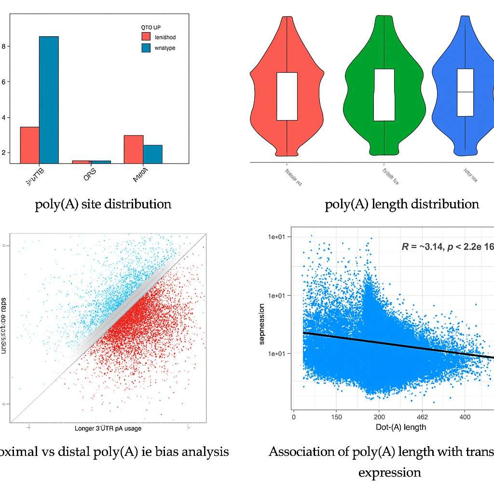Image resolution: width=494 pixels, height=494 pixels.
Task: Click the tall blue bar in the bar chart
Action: [x=49, y=99]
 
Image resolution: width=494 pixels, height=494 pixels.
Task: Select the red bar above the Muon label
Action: [x=133, y=149]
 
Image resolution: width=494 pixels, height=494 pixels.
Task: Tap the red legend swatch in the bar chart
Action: [x=146, y=37]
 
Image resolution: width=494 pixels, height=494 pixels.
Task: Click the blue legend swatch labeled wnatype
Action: [x=146, y=48]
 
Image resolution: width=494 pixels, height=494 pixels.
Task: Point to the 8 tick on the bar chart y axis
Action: [x=4, y=46]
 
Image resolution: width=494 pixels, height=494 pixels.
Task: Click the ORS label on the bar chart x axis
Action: [x=90, y=177]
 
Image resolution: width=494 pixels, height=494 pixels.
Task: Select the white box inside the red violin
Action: [x=287, y=96]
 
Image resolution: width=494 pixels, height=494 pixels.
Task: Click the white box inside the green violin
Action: [x=384, y=95]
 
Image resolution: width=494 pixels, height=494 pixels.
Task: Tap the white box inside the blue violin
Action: [x=465, y=92]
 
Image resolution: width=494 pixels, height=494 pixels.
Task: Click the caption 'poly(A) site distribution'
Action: [x=103, y=204]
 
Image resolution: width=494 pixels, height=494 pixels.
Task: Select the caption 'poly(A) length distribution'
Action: [x=402, y=204]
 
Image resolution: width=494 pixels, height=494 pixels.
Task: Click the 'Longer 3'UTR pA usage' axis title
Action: [x=108, y=428]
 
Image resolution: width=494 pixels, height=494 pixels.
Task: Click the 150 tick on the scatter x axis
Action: [x=336, y=416]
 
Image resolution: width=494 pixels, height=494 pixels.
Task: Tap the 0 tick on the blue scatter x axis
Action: [x=294, y=416]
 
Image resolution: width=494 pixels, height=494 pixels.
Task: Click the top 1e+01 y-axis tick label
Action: [x=277, y=237]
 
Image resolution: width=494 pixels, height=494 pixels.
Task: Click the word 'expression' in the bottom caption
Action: [x=389, y=472]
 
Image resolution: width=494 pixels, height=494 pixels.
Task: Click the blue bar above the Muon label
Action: [x=152, y=154]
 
